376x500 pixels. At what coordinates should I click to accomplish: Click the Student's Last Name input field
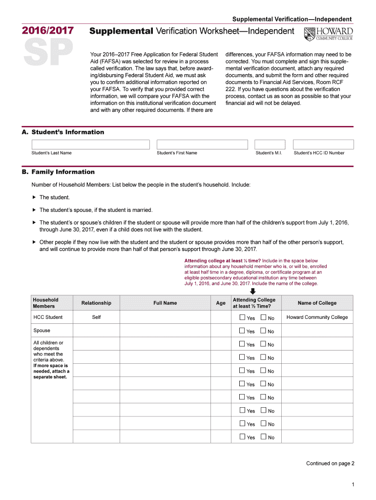click(90, 145)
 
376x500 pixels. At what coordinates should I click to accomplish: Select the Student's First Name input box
click(202, 145)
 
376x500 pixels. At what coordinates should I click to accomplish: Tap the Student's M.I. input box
click(270, 145)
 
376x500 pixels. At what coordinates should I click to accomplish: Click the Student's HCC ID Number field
click(323, 145)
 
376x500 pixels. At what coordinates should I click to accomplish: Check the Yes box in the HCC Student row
click(242, 317)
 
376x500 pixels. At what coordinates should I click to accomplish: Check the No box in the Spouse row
click(263, 331)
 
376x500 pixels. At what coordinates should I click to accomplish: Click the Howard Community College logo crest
click(310, 35)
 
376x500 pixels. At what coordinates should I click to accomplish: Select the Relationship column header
click(96, 303)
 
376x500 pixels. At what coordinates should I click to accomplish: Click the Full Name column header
click(165, 303)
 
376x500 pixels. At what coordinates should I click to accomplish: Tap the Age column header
click(221, 303)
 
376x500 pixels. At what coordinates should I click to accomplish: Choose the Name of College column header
click(317, 303)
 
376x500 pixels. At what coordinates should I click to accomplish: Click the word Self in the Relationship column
click(96, 317)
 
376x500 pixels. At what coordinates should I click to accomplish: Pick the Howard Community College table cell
click(317, 317)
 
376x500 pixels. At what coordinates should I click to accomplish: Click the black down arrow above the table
click(253, 291)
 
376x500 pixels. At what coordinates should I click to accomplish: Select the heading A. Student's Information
click(68, 132)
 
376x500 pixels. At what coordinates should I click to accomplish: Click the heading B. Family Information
click(63, 172)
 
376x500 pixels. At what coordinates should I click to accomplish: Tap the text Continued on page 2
click(330, 463)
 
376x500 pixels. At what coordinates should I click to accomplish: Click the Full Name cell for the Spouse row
click(165, 331)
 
